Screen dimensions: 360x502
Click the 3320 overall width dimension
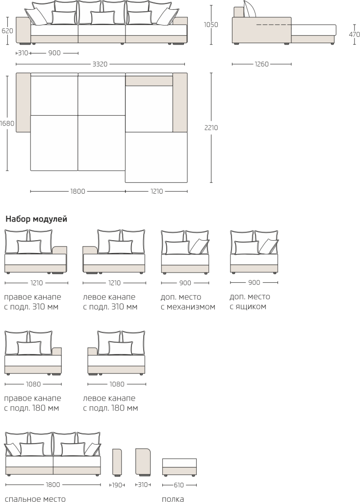(x=100, y=64)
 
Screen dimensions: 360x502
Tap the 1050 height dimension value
(x=211, y=25)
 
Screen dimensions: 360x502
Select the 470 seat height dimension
(x=354, y=34)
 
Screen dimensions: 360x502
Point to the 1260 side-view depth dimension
(x=261, y=64)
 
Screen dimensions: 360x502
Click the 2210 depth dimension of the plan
(x=211, y=128)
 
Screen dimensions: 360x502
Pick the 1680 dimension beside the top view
(x=7, y=123)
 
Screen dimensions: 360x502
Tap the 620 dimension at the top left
(x=7, y=31)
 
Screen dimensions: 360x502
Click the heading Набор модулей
(x=36, y=219)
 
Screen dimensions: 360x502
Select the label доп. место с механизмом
(x=188, y=302)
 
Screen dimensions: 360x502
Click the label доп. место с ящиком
(x=250, y=301)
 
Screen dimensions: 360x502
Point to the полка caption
(x=173, y=499)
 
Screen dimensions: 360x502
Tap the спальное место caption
(x=35, y=499)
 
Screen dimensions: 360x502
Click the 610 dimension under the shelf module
(x=179, y=485)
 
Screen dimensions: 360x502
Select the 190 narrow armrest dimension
(x=117, y=485)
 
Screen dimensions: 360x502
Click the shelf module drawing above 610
(x=180, y=467)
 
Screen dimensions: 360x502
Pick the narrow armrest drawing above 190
(x=117, y=462)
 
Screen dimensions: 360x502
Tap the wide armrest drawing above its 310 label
(x=143, y=462)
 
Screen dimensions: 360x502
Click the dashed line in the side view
(x=274, y=25)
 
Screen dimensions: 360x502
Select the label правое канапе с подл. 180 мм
(x=32, y=403)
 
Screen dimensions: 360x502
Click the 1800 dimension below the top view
(x=78, y=192)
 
